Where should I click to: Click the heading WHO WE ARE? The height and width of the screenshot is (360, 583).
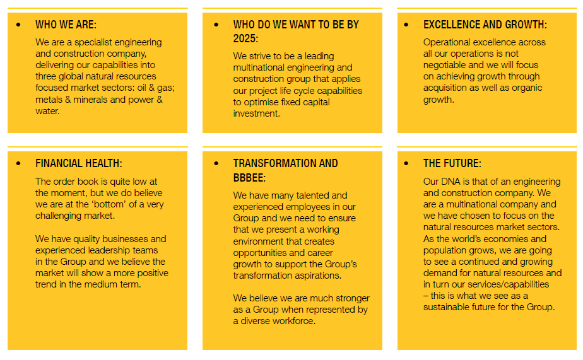click(x=66, y=25)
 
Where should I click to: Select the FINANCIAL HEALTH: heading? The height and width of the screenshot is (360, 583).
click(x=78, y=163)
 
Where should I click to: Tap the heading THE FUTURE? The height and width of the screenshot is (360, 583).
click(x=452, y=163)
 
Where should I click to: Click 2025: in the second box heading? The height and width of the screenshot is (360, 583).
click(x=245, y=38)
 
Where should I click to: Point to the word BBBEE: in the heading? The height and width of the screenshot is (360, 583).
click(x=249, y=178)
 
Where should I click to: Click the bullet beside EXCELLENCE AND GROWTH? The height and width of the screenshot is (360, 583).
click(x=406, y=25)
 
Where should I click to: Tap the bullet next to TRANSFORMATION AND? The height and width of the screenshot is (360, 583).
click(x=216, y=163)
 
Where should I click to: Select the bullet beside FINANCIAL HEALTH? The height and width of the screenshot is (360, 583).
click(x=18, y=163)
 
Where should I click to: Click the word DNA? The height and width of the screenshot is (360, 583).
click(x=450, y=182)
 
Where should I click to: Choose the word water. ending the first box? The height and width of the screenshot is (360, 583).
click(x=47, y=111)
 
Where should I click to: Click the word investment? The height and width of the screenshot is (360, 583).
click(x=256, y=113)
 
